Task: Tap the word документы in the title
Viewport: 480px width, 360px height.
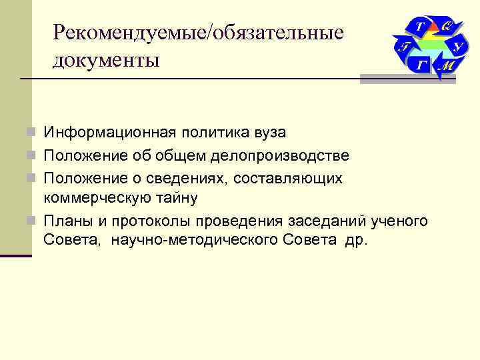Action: tap(107, 60)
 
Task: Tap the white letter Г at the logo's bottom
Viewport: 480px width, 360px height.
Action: tap(420, 65)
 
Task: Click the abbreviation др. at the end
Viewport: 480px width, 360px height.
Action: tap(355, 241)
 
